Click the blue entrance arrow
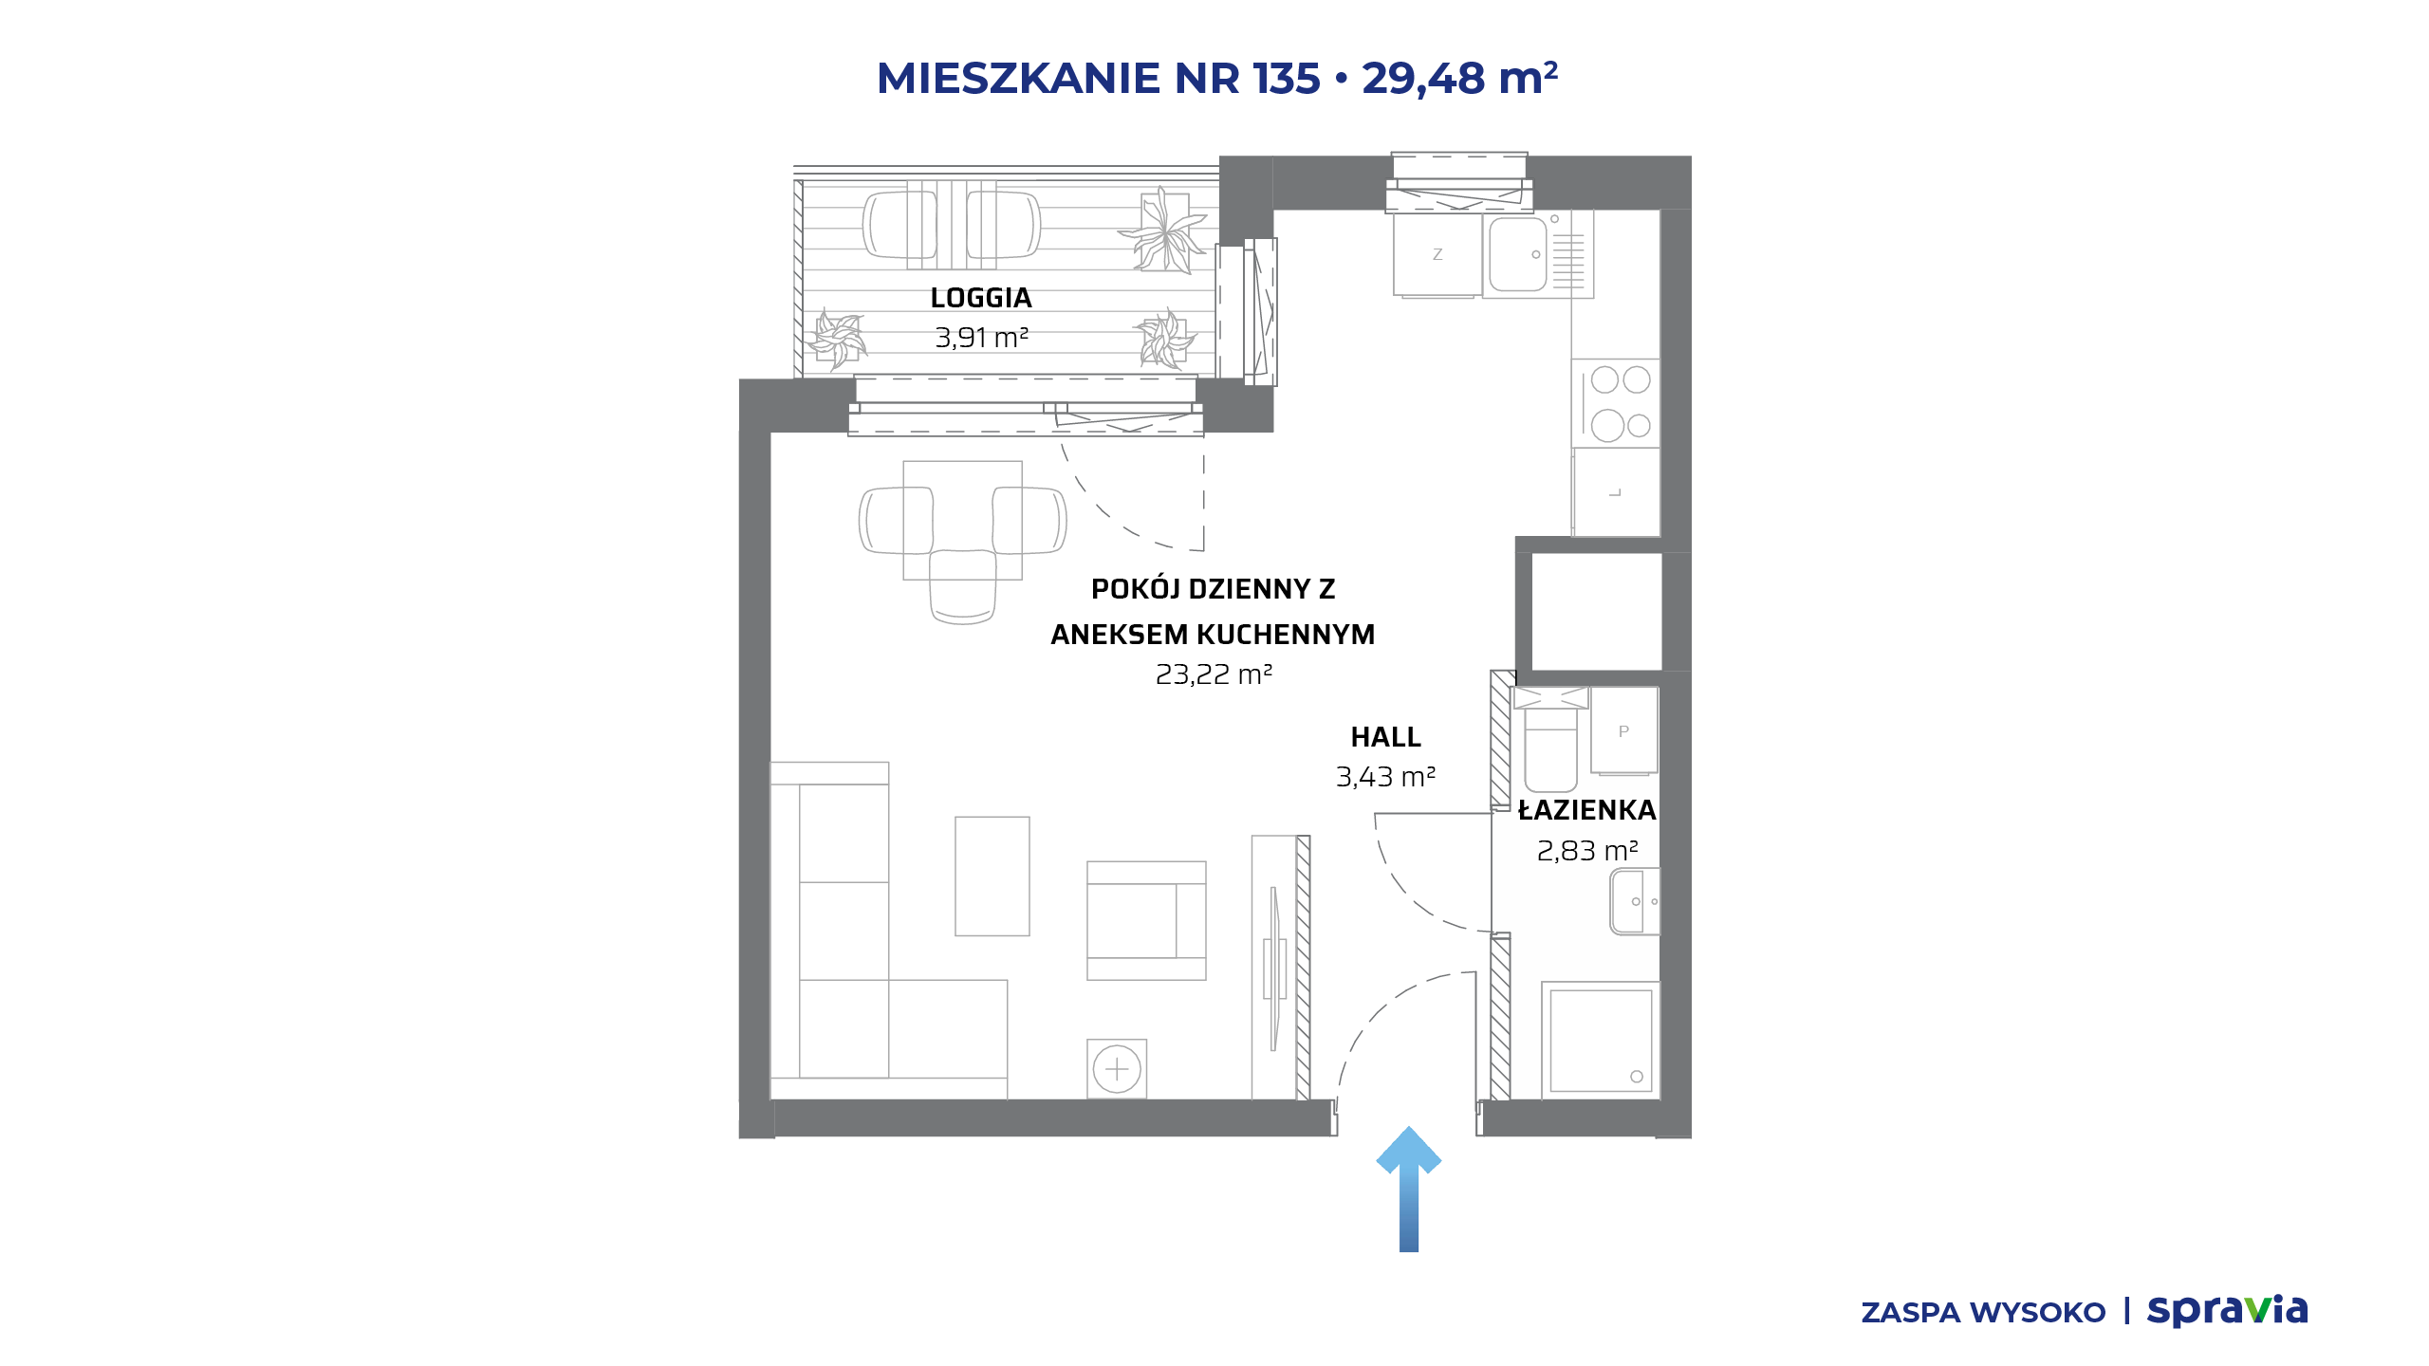coord(1409,1191)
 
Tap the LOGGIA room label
coord(981,298)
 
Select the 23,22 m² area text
coord(1214,674)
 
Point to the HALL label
coord(1385,737)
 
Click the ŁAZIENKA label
coord(1587,809)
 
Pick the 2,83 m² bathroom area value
coord(1587,851)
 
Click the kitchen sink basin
coord(1518,254)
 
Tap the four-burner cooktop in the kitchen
coord(1617,403)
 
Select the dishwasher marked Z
coord(1437,254)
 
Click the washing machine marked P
coord(1624,730)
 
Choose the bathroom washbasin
coord(1635,901)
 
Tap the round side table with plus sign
coord(1117,1069)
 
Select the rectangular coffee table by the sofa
coord(992,877)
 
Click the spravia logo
coord(2227,1310)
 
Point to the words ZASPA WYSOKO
coord(1983,1313)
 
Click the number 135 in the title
coord(1287,78)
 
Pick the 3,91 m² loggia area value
coord(982,338)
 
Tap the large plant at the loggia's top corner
coord(1163,231)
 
